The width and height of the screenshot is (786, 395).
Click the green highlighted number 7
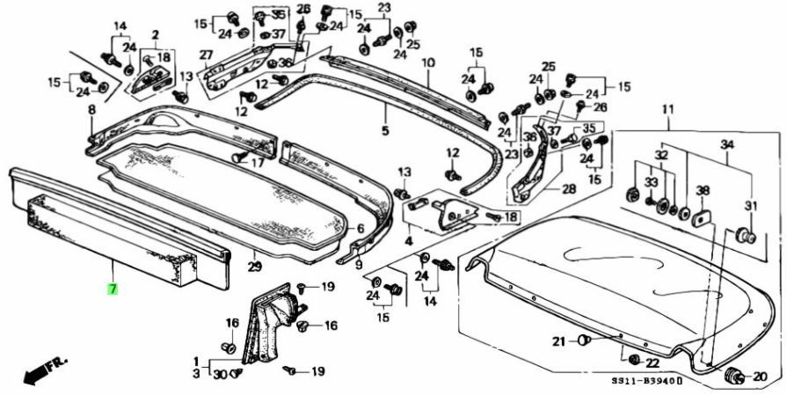click(x=112, y=289)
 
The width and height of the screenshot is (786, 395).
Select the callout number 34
click(x=726, y=143)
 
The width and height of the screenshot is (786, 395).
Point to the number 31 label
click(x=750, y=206)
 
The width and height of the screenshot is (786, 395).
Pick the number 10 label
click(x=428, y=63)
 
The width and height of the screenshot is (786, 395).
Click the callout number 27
click(x=206, y=55)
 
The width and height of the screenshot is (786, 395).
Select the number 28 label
click(x=569, y=189)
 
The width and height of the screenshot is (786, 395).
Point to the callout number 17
click(x=257, y=163)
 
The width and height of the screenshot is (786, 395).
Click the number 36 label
click(x=285, y=62)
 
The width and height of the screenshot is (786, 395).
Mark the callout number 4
click(x=408, y=241)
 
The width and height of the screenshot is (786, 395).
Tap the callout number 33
click(x=651, y=182)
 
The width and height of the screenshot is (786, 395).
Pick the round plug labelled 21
click(x=583, y=341)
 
